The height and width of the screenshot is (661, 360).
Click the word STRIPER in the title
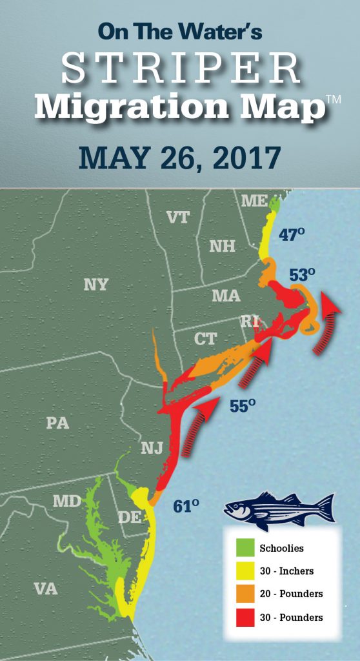pos(180,69)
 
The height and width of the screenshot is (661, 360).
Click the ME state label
pos(254,201)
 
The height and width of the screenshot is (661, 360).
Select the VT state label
pos(178,218)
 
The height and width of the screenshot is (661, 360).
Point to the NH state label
pos(223,246)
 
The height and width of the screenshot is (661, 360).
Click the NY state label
pos(95,285)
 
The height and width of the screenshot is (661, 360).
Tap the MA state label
pos(226,296)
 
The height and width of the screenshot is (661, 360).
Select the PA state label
pos(58,423)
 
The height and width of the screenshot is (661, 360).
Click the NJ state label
pos(153,447)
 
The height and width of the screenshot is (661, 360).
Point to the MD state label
pos(66,502)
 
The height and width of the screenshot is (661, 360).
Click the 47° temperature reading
pos(292,235)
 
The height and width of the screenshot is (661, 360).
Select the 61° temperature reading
pos(186,506)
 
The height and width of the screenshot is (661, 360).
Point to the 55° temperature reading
pos(243,406)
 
